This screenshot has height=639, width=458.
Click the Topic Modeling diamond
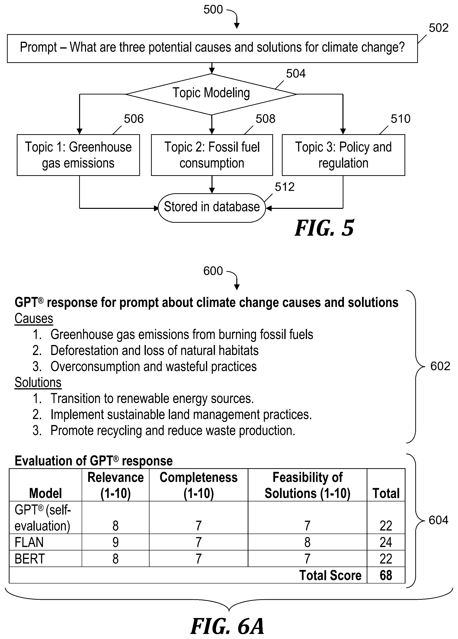(212, 94)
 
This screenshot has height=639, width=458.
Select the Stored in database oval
(212, 208)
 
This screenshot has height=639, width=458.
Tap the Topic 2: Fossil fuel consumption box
(212, 155)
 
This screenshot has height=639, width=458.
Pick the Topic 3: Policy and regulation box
(343, 155)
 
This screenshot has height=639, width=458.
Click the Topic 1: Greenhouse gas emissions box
(78, 155)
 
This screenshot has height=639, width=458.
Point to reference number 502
(438, 28)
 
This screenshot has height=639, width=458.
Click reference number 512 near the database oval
(285, 187)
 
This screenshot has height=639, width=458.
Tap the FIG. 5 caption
(324, 228)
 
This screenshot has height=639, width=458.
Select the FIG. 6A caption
(227, 626)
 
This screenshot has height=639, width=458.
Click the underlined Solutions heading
(38, 382)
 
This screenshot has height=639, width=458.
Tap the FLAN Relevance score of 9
(116, 542)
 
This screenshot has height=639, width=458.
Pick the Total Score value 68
(386, 575)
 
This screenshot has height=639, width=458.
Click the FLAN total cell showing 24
(386, 542)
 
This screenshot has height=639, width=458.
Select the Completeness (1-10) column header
(199, 486)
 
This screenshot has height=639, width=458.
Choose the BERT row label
(30, 559)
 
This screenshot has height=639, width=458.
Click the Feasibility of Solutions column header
(307, 486)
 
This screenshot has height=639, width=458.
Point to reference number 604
(438, 520)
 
